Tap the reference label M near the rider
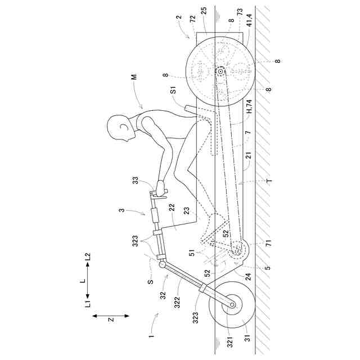(x=134, y=76)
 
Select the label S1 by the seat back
(x=173, y=90)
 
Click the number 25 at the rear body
(x=204, y=11)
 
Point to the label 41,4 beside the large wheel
(x=249, y=20)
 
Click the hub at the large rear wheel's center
(x=220, y=71)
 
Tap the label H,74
(x=249, y=106)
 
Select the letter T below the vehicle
(x=269, y=181)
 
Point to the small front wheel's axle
(x=232, y=304)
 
